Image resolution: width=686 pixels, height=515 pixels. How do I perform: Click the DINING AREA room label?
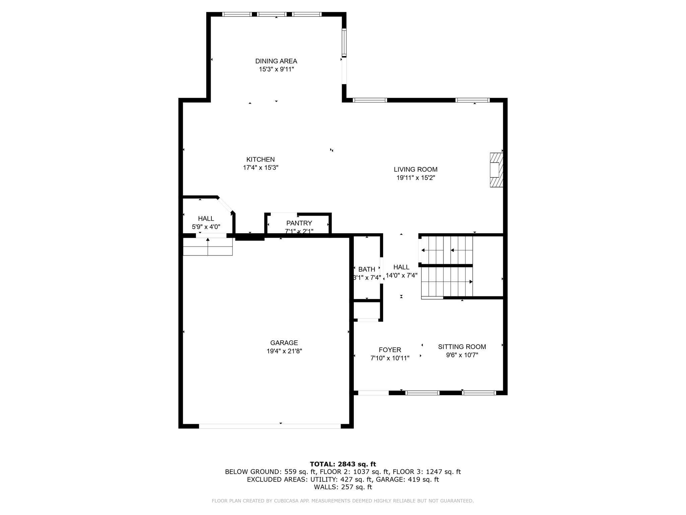click(x=276, y=61)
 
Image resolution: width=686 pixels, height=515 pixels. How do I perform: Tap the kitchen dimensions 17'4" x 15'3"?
click(x=261, y=168)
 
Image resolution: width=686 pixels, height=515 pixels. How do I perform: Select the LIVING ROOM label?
click(x=415, y=170)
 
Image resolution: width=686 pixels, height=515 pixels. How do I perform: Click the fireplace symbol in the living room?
click(x=496, y=170)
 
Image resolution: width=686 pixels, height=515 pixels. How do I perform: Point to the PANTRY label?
click(x=299, y=223)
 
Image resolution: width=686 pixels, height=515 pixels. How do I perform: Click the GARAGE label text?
click(x=284, y=343)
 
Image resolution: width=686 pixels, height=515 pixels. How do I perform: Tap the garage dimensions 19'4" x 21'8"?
click(x=284, y=351)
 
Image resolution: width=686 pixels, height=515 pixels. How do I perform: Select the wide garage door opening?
click(x=270, y=426)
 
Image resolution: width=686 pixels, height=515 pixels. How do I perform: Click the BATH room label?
click(x=366, y=269)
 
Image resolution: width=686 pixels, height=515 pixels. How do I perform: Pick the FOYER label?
click(x=390, y=350)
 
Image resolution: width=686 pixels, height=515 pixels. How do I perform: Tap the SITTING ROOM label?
click(x=462, y=347)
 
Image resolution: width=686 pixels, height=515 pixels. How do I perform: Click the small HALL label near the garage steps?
click(x=206, y=219)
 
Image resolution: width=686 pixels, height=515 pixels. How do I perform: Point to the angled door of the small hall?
click(x=225, y=205)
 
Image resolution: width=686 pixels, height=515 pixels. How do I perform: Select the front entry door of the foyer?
click(x=373, y=393)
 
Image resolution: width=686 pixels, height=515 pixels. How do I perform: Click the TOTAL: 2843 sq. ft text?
click(x=343, y=464)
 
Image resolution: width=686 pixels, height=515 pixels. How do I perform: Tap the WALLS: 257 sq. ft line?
click(x=343, y=487)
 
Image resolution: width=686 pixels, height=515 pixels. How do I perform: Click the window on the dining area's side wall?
click(x=344, y=43)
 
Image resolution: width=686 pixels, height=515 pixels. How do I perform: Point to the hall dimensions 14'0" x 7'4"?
click(x=401, y=276)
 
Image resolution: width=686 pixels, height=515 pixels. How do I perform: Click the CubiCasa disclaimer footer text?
click(x=343, y=501)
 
